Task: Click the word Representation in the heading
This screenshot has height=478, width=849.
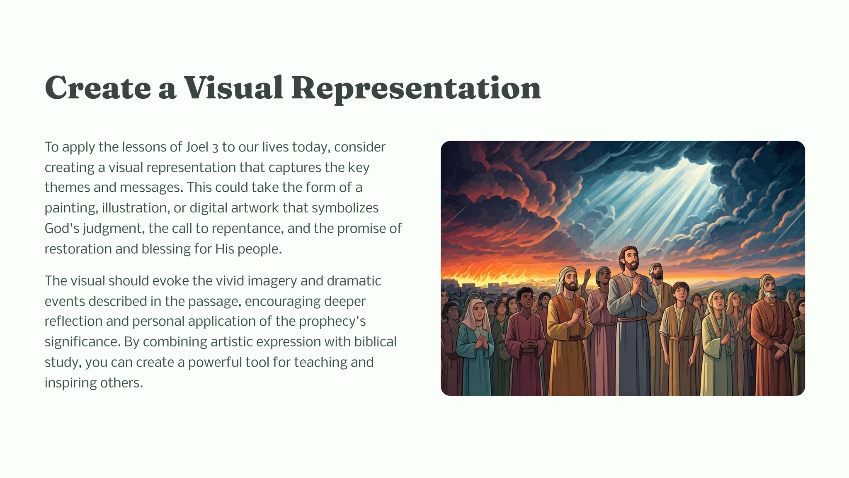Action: [416, 88]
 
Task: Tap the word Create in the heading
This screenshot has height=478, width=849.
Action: [98, 88]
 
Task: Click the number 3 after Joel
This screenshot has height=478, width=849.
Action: [215, 148]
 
